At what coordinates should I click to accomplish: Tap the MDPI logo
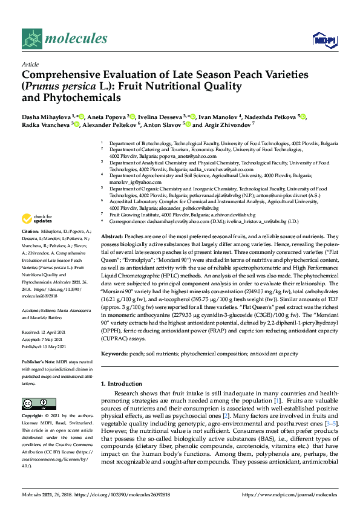point(321,40)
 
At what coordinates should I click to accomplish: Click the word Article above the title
point(30,63)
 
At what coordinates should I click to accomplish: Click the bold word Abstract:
point(113,236)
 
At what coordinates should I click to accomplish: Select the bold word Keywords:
point(114,352)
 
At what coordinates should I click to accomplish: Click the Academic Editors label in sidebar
point(40,310)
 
